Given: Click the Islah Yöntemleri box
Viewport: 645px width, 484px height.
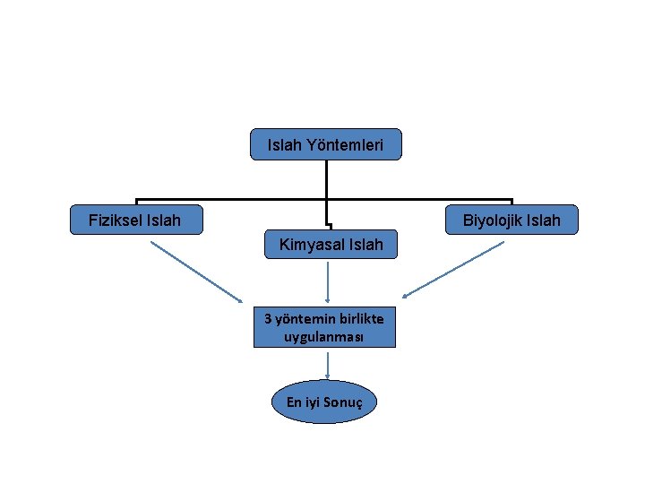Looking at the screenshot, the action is [326, 144].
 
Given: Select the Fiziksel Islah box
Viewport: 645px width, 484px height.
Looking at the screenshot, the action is [136, 220].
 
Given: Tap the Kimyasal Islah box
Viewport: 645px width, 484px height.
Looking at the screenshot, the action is [331, 244].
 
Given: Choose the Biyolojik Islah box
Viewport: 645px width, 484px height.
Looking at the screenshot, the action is [512, 220].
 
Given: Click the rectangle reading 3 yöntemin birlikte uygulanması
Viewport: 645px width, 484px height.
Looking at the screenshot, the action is [324, 327].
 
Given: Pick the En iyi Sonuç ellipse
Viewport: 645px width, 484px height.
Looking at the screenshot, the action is [324, 402].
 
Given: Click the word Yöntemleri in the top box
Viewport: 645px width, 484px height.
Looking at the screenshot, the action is [345, 145].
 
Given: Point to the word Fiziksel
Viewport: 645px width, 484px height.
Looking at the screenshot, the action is [116, 220].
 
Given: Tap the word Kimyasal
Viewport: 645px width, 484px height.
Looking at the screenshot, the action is [312, 245].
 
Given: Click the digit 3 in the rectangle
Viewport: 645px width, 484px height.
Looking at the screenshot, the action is [268, 318].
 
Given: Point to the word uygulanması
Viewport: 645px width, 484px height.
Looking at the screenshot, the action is [323, 338].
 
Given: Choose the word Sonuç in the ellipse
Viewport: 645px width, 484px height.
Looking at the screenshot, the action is [342, 402].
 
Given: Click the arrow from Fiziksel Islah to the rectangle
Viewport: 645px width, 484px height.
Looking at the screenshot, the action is [196, 272].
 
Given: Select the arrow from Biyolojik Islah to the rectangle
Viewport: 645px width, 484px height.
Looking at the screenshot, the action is [453, 270].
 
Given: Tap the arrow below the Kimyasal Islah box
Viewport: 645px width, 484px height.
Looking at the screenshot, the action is [328, 282].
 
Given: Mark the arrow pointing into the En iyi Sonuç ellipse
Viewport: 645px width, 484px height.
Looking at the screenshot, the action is [328, 366].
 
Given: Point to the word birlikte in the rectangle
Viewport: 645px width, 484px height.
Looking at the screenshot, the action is [362, 318].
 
